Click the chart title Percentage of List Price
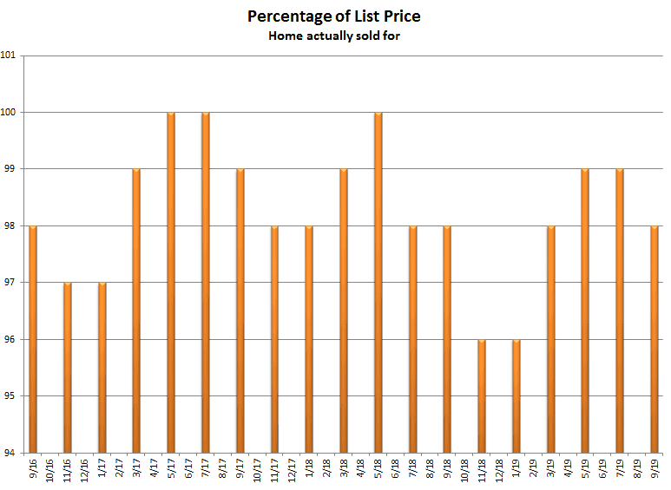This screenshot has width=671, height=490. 334,16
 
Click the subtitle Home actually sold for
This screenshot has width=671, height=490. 334,36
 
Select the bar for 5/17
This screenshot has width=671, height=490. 171,283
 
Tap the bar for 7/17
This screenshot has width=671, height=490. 206,283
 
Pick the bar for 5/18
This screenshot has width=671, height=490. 378,283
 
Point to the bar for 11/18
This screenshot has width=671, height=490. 482,396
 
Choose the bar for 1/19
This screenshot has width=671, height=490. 516,396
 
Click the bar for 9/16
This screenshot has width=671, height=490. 33,339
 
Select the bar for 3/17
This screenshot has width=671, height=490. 136,310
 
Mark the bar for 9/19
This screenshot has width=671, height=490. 655,339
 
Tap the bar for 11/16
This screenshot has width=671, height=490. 68,368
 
